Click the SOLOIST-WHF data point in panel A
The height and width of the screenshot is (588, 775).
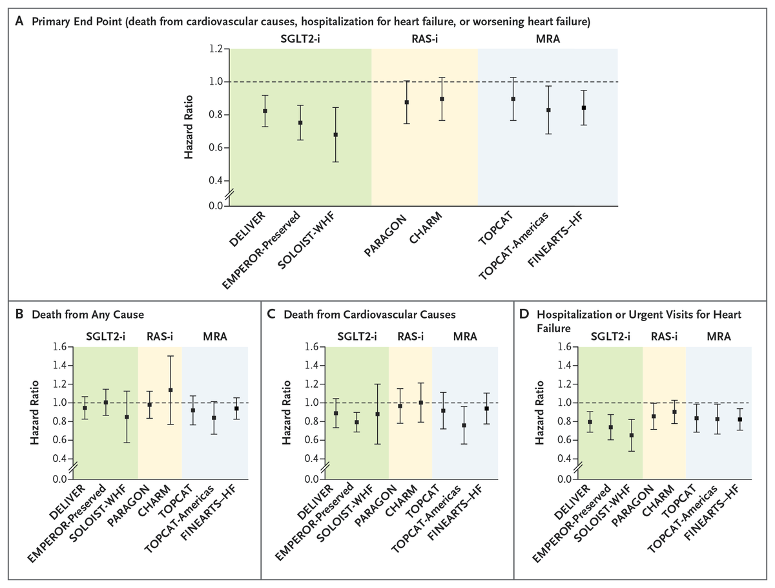coord(335,135)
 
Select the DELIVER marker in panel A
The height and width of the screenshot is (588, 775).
coord(265,111)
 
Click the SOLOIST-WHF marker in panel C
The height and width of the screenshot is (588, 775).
coord(377,414)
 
